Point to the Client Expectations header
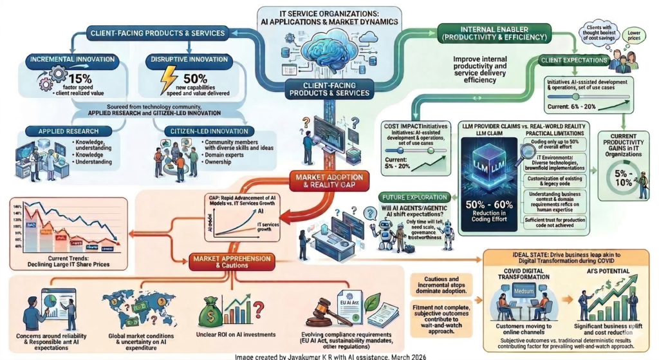click(572, 61)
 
